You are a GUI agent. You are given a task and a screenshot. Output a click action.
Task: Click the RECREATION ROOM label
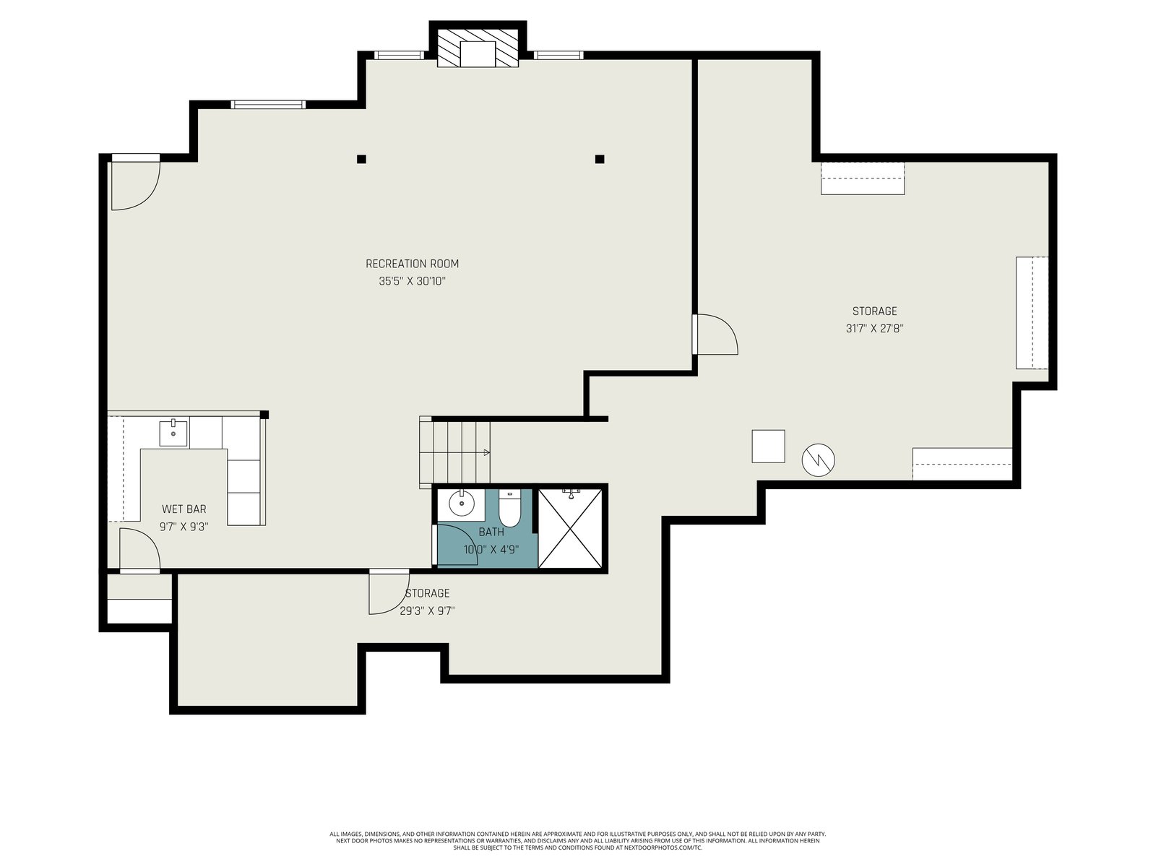[412, 264]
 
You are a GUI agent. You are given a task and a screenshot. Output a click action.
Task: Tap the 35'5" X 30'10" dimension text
[412, 281]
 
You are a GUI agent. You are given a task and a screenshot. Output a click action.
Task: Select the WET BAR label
[184, 509]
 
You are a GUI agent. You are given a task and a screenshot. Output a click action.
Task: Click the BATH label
[491, 532]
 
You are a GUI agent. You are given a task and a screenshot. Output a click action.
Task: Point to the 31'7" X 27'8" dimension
[875, 329]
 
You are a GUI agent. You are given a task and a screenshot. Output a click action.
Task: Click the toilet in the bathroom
[509, 508]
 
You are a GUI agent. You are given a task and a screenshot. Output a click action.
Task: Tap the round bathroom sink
[462, 504]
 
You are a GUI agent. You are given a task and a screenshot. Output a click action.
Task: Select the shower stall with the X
[570, 529]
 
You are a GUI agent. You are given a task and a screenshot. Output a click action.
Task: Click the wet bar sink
[173, 433]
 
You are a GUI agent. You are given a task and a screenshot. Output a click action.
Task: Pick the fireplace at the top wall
[478, 48]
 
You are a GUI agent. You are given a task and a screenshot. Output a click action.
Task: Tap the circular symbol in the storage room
[819, 460]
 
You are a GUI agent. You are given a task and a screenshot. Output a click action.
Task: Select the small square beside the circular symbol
[769, 447]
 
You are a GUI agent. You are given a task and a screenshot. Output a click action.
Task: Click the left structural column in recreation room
[361, 159]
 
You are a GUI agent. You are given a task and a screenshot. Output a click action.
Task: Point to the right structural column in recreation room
[600, 159]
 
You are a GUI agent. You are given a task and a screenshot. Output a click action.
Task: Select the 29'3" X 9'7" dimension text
[427, 611]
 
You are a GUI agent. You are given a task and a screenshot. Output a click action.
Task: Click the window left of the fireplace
[399, 55]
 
